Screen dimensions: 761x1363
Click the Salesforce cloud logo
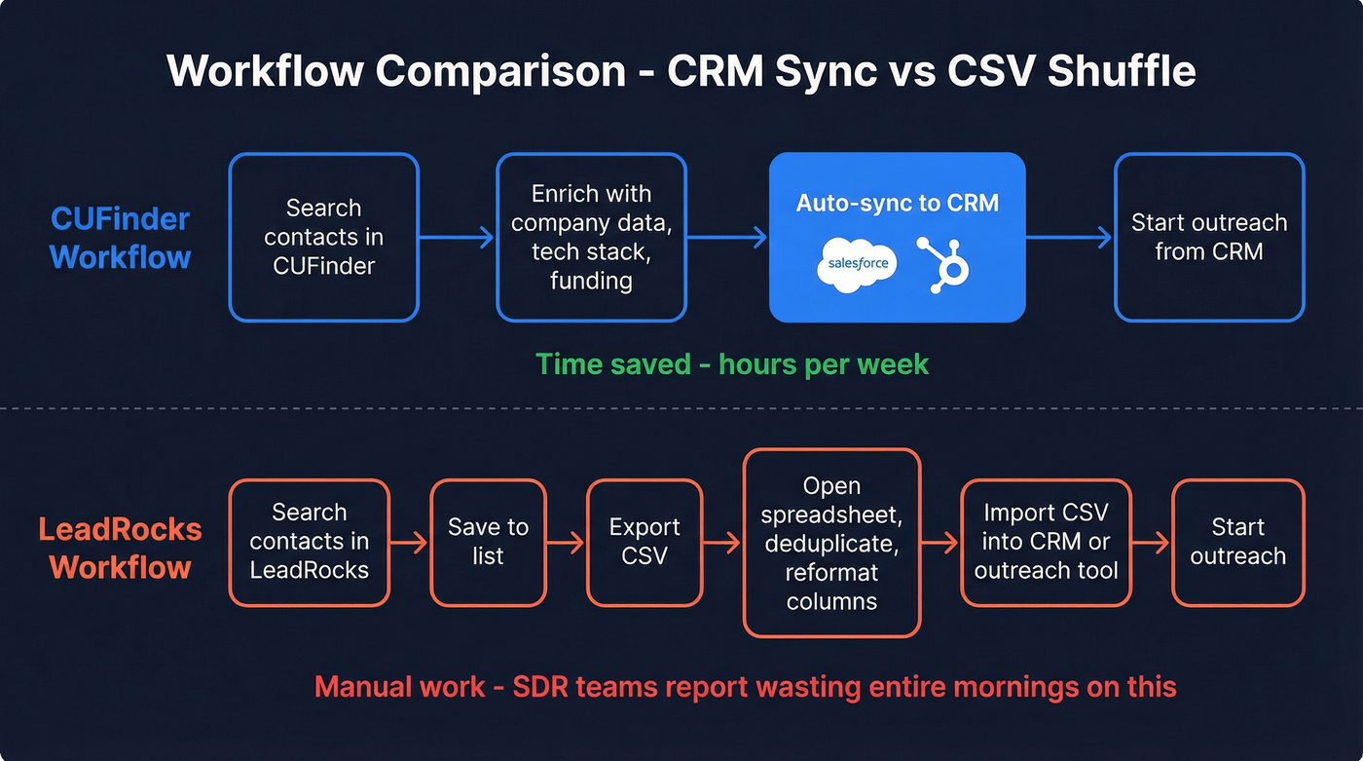point(856,264)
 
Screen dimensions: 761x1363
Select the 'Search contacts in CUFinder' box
point(324,237)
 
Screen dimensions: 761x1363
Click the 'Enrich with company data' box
point(591,237)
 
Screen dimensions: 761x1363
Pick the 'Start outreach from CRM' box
point(1209,237)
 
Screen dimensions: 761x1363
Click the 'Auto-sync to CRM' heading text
point(897,203)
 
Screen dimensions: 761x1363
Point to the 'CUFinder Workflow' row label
point(120,238)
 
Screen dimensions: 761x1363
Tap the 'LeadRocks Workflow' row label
point(120,549)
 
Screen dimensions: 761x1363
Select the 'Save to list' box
point(488,542)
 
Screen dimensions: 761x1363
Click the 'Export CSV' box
point(645,542)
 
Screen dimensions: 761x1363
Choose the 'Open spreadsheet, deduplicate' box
point(831,543)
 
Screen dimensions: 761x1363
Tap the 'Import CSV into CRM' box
point(1046,542)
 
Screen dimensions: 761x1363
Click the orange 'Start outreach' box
point(1237,542)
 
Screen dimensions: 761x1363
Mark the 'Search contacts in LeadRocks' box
point(310,542)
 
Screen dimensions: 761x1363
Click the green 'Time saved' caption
point(732,364)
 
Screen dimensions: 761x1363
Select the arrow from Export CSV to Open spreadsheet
point(721,543)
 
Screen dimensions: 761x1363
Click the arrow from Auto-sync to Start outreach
point(1069,237)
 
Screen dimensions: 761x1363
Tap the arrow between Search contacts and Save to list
point(409,543)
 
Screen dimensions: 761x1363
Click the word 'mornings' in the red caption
point(1014,686)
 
